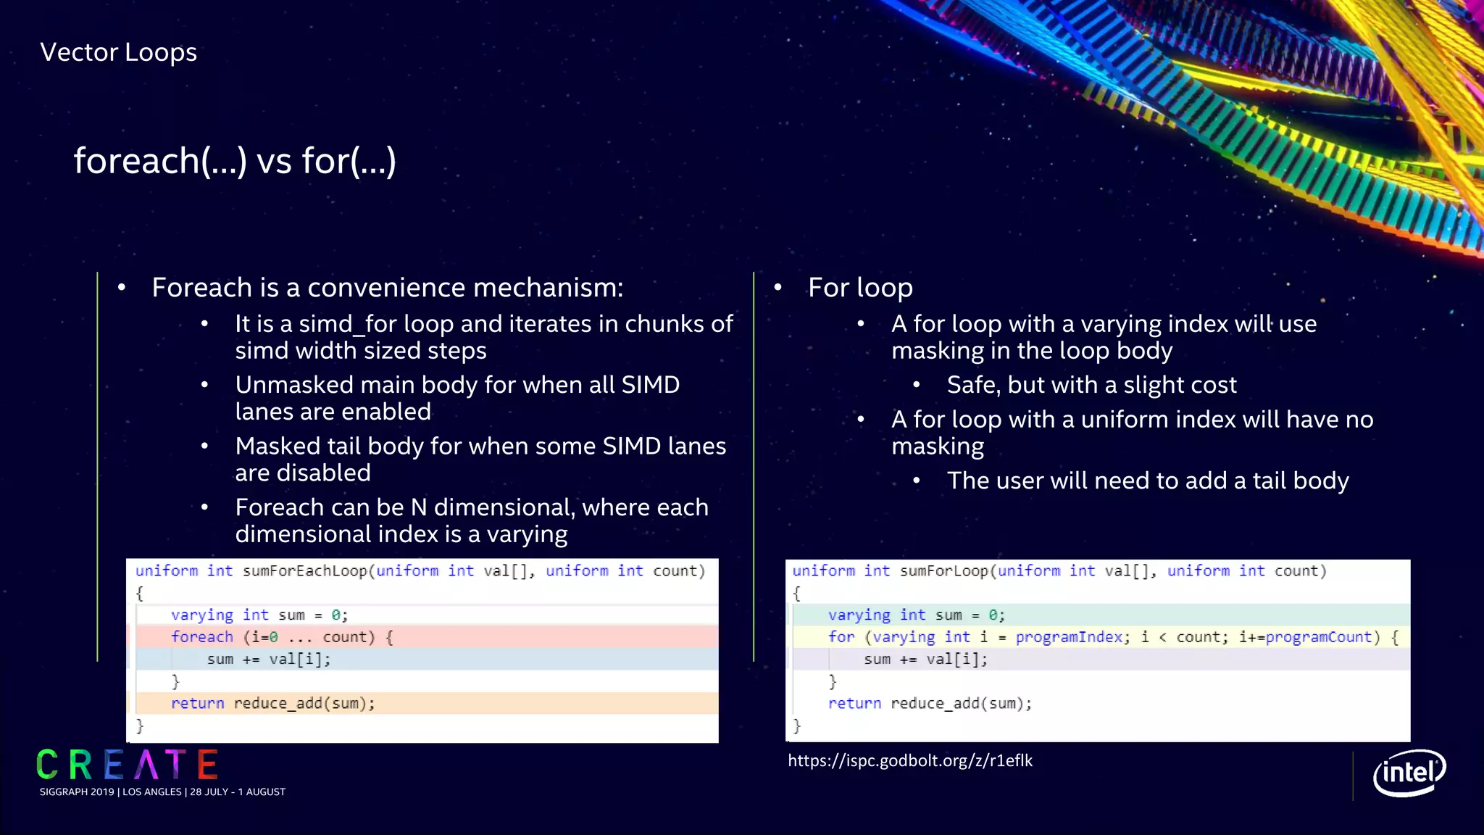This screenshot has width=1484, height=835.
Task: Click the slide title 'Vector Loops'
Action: coord(118,52)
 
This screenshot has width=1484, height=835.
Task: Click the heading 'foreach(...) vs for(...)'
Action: coord(235,160)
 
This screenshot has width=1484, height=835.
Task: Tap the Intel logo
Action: coord(1409,773)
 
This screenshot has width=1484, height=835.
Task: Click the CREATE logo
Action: coord(128,765)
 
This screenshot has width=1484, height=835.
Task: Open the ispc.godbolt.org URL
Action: coord(910,760)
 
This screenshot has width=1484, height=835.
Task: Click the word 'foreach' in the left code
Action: coord(202,637)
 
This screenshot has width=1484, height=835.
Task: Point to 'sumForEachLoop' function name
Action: coord(305,571)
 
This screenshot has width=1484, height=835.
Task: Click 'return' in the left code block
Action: coord(197,703)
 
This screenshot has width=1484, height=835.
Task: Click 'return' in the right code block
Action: coord(854,703)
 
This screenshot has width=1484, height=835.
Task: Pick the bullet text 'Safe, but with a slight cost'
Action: coord(1091,385)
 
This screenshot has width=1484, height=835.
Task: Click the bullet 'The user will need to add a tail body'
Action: coord(1148,481)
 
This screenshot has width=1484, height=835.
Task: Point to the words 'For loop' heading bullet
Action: coord(860,288)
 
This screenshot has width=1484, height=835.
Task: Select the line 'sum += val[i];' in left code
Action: coord(268,660)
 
